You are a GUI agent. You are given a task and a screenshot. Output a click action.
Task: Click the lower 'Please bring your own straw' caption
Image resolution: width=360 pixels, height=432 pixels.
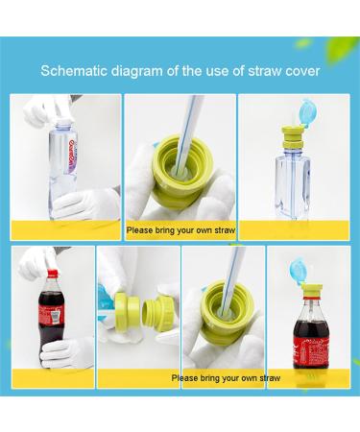tap(226, 377)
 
